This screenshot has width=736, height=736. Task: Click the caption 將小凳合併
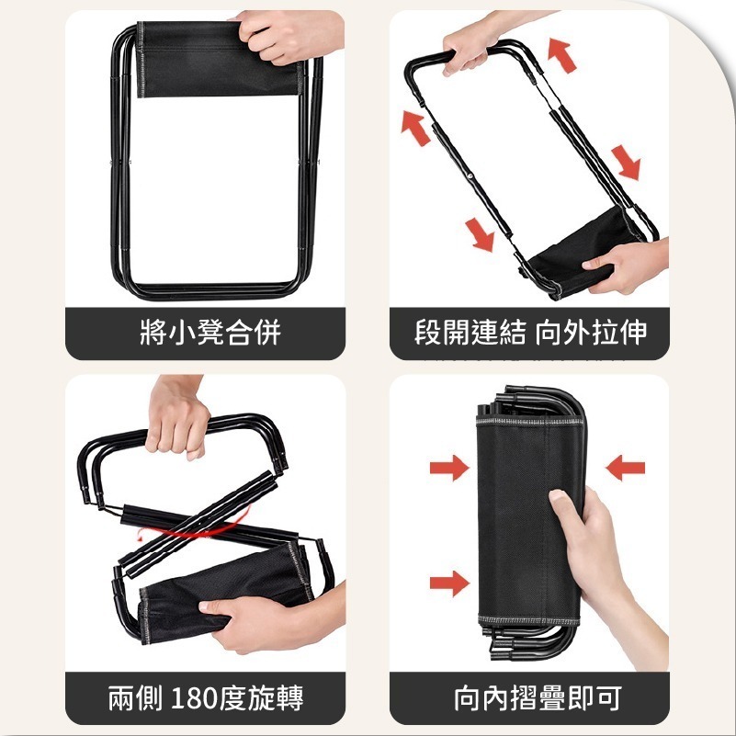point(210,333)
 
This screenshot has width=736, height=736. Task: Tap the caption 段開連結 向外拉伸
point(530,333)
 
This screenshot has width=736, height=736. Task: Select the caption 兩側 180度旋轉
point(206,698)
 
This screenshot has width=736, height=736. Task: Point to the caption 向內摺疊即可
point(538,698)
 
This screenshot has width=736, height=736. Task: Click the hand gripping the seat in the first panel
point(289,36)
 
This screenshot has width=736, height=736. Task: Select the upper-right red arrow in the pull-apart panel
point(561,56)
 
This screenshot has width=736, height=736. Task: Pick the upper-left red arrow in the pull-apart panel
point(415,128)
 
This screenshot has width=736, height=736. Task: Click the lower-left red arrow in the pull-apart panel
point(480,234)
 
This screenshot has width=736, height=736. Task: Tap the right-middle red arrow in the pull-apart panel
point(626,163)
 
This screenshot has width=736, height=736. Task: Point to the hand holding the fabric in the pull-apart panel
point(627,266)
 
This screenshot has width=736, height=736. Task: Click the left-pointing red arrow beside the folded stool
point(625,468)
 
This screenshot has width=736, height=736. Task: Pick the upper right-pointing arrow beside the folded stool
point(449,468)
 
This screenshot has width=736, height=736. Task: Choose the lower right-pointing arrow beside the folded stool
point(449,583)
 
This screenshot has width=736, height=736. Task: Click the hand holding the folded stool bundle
point(606,563)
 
